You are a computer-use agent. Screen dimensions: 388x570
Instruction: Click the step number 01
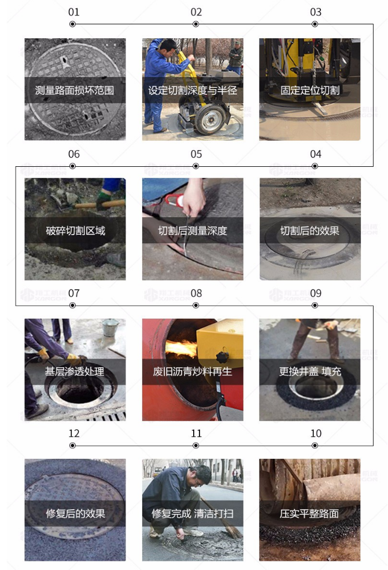[73, 12]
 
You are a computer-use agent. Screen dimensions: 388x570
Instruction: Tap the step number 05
[196, 154]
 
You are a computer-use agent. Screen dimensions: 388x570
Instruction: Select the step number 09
[315, 293]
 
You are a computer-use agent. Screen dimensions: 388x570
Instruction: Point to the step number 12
[73, 433]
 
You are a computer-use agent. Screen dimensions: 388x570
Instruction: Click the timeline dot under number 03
[315, 24]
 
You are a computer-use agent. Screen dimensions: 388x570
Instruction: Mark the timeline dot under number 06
[73, 166]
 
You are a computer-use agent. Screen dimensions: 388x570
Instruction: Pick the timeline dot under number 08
[195, 305]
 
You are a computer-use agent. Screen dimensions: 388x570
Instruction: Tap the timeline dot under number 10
[315, 445]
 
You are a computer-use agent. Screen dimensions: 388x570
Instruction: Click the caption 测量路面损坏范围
[75, 90]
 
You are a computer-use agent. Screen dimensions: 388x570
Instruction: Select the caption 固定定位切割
[310, 90]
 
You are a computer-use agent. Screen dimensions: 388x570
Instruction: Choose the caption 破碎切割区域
[76, 231]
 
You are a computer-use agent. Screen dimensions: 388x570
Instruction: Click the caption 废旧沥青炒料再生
[193, 371]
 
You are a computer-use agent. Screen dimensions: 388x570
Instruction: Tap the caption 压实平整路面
[309, 513]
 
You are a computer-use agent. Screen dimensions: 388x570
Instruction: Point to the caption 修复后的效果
[76, 513]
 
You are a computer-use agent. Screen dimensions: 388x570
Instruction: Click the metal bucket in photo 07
[110, 327]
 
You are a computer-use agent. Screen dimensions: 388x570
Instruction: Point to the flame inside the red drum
[180, 348]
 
